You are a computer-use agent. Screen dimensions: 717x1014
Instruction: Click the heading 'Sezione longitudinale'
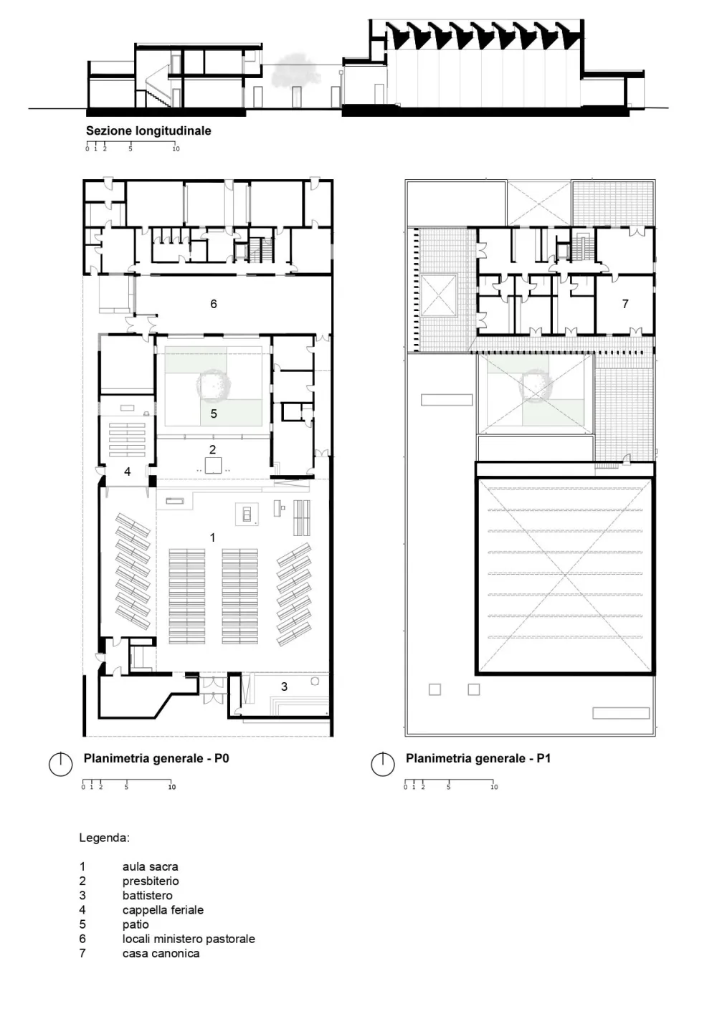point(148,131)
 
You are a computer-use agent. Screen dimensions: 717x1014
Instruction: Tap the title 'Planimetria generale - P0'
point(156,758)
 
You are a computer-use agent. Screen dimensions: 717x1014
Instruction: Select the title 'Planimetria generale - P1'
point(478,758)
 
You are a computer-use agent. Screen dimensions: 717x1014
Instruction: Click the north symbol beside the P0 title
point(61,765)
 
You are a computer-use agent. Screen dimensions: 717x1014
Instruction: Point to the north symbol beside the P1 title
point(383,765)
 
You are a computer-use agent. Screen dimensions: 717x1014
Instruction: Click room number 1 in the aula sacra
point(212,537)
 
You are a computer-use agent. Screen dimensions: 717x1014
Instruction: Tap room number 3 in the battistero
point(284,687)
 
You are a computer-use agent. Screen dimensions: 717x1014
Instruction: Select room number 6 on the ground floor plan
point(214,304)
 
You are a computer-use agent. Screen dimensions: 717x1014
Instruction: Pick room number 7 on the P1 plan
point(625,304)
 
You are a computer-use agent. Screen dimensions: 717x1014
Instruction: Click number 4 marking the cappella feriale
point(128,472)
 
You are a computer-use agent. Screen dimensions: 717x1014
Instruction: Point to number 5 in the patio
point(214,413)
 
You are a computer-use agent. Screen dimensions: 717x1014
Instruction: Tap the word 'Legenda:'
point(104,838)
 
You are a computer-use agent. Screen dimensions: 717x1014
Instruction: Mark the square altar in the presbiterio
point(213,465)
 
